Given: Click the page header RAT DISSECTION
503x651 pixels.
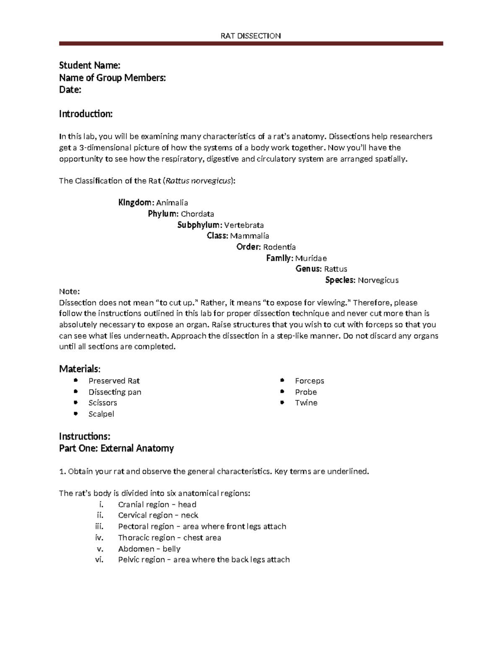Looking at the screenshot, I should point(251,36).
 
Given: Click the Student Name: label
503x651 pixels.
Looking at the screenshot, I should point(90,65).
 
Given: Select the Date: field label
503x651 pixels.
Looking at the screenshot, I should point(70,90).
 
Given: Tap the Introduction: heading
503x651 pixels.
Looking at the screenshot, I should point(86,114).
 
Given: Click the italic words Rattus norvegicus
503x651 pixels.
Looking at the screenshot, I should point(198,181).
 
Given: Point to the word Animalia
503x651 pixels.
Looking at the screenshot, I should point(172,203).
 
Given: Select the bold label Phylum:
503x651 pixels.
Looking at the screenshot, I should point(163,214).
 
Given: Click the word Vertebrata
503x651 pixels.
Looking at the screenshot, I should point(244,225).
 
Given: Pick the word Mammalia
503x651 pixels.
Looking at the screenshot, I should point(249,236).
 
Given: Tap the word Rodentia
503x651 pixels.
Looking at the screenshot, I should point(279,247).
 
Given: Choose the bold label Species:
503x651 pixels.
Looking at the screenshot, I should point(340,280).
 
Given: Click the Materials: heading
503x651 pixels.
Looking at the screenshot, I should point(80,369).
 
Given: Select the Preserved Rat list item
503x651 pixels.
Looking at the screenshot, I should point(114,381).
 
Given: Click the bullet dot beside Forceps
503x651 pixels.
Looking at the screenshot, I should point(283,380).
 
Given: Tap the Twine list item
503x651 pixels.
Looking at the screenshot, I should point(306,403).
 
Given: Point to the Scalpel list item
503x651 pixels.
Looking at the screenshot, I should point(101,414).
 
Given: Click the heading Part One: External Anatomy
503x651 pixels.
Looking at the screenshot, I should point(116,448).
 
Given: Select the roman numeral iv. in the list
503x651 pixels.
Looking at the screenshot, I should point(99,537).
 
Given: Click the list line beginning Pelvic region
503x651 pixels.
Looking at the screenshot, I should point(204,560).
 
